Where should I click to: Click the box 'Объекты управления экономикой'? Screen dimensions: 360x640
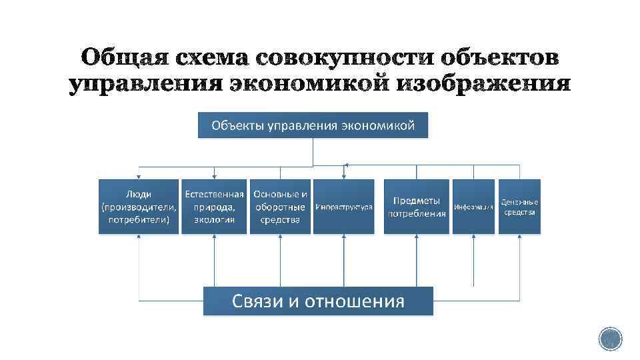pyautogui.click(x=313, y=125)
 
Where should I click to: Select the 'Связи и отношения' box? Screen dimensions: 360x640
pyautogui.click(x=318, y=301)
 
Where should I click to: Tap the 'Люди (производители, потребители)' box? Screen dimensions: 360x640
pyautogui.click(x=139, y=207)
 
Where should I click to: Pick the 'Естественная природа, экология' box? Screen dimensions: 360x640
pyautogui.click(x=214, y=207)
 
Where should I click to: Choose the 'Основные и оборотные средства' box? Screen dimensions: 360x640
pyautogui.click(x=280, y=207)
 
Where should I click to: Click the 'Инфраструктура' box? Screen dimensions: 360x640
pyautogui.click(x=343, y=207)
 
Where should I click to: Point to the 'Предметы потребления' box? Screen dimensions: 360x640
pyautogui.click(x=417, y=207)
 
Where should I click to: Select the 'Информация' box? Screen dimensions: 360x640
pyautogui.click(x=473, y=207)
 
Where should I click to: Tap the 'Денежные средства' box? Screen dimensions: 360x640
pyautogui.click(x=520, y=207)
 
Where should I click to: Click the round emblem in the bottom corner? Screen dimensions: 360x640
pyautogui.click(x=610, y=339)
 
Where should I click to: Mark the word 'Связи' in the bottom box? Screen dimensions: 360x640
pyautogui.click(x=257, y=301)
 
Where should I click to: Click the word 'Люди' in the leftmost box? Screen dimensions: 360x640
pyautogui.click(x=139, y=194)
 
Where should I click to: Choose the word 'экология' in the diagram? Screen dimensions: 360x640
pyautogui.click(x=214, y=219)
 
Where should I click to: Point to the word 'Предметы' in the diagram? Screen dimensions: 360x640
pyautogui.click(x=417, y=201)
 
